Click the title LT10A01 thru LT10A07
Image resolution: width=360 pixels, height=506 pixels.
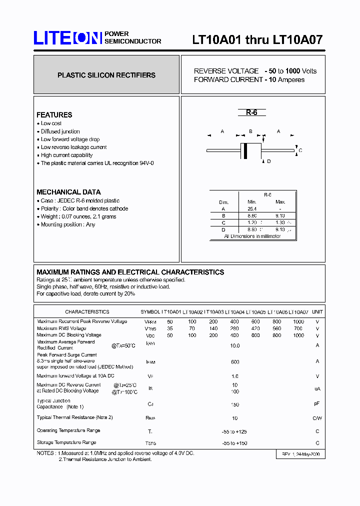[257, 40]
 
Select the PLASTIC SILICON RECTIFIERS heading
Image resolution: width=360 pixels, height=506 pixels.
[106, 75]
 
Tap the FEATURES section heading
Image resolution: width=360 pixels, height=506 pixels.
[54, 115]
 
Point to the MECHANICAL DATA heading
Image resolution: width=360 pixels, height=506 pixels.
[68, 192]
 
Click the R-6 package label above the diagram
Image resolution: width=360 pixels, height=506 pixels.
[251, 112]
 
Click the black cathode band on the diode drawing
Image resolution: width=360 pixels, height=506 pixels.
[245, 150]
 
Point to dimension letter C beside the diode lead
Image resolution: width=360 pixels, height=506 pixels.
[300, 150]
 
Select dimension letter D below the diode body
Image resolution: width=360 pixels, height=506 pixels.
[269, 161]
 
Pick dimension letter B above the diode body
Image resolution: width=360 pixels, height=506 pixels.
[250, 132]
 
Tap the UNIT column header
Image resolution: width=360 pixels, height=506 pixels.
[317, 312]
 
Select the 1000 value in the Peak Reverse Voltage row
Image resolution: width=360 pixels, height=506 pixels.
[298, 321]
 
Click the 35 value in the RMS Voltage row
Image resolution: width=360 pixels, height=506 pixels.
[170, 328]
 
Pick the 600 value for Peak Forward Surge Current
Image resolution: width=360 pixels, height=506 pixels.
[235, 362]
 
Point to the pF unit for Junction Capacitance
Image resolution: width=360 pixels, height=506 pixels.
[317, 403]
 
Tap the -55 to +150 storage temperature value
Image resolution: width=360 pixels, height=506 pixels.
[235, 442]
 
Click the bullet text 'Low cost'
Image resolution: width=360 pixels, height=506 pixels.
[51, 123]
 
